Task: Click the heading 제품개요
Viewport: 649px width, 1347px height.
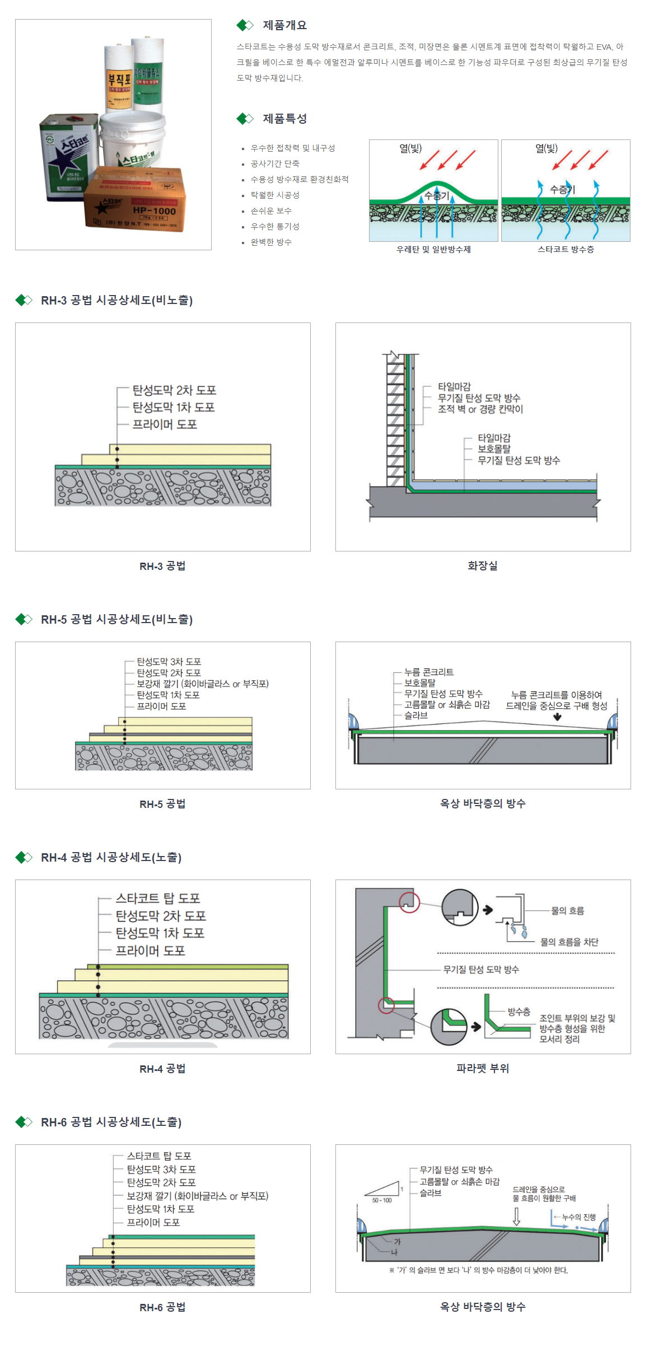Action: pos(284,25)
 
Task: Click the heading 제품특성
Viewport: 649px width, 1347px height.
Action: pos(284,119)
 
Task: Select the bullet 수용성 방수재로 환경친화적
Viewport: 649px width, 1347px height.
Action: pos(299,179)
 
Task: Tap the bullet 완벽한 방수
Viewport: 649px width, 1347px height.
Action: pos(271,242)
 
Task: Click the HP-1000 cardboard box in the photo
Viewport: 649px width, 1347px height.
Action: pos(134,202)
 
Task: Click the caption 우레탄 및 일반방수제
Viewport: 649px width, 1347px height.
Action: pos(433,249)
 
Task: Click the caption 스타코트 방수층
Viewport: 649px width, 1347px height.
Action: pos(566,249)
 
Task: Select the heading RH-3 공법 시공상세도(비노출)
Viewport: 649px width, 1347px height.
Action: pos(116,300)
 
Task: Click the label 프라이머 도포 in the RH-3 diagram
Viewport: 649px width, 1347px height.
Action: pos(165,424)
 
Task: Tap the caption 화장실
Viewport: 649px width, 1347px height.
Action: pos(483,565)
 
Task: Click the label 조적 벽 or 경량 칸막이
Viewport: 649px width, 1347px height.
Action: pos(480,409)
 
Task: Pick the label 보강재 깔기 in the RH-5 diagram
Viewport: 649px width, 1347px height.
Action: pos(203,684)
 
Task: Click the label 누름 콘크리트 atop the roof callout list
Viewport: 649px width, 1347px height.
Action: pos(429,672)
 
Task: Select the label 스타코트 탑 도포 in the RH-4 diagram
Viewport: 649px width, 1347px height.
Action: pos(158,898)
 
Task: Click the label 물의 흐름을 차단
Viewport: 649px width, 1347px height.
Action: pos(569,942)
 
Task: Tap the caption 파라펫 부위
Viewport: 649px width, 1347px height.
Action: pos(483,1068)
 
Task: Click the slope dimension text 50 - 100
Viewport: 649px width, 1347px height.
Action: pos(382,1200)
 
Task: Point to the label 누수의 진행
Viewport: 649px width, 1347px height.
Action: pos(579,1217)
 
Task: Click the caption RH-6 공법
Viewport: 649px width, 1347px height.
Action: pos(162,1307)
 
